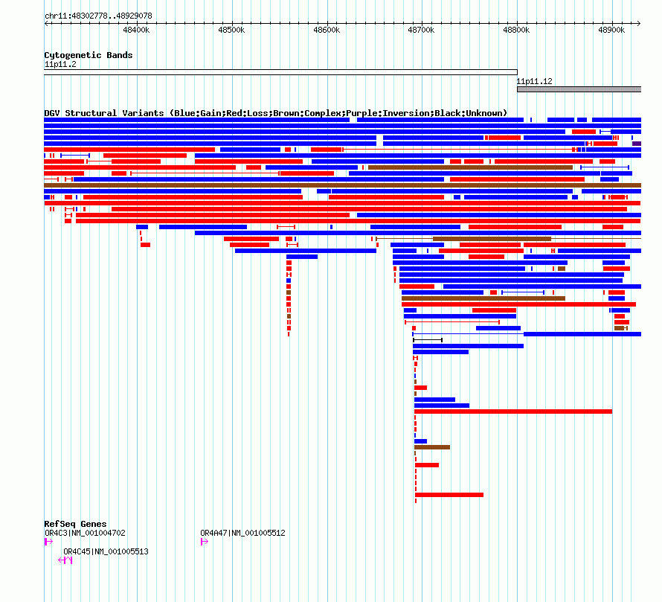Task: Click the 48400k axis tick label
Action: (136, 30)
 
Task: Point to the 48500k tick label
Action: (231, 30)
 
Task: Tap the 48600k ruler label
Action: (327, 30)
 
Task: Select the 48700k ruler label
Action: (421, 30)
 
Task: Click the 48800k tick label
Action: (516, 30)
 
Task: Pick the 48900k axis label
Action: (611, 30)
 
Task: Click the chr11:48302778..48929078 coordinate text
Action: (98, 16)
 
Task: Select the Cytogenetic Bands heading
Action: (89, 55)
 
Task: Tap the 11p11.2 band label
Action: (60, 64)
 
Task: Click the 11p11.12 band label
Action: (535, 81)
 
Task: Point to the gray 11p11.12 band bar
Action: (579, 89)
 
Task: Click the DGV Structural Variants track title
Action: (276, 113)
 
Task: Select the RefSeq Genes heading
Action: (76, 524)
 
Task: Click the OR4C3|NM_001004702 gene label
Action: (85, 533)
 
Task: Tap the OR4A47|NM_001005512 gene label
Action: (242, 533)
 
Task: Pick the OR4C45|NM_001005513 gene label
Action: (106, 551)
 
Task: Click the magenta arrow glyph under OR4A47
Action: (205, 542)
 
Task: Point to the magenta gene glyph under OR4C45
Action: (65, 560)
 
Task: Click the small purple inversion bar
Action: (637, 144)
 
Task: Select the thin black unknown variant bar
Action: (428, 340)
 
